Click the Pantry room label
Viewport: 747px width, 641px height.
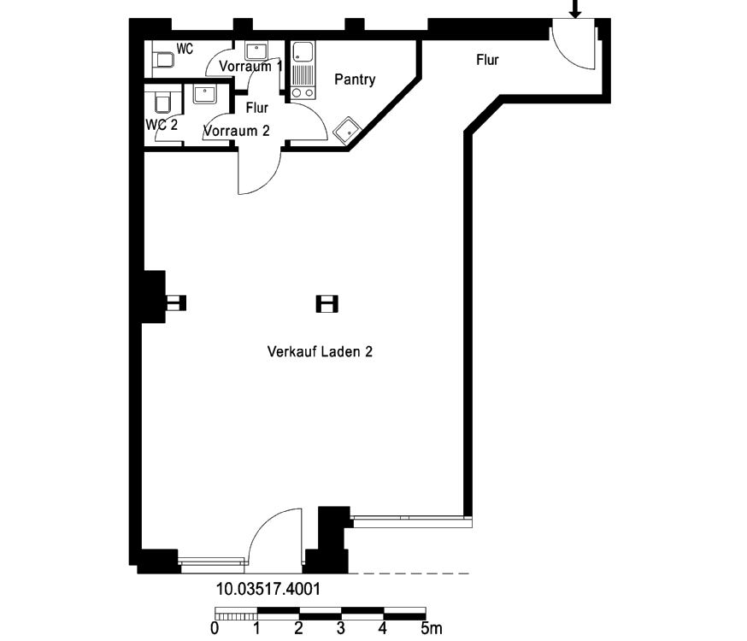tap(355, 79)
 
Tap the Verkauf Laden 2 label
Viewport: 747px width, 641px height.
tap(320, 352)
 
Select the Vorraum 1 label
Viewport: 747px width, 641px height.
tap(250, 66)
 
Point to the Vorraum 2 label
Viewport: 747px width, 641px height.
tap(237, 131)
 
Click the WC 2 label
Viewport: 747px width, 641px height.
tap(162, 125)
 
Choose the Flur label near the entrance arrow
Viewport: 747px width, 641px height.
tap(487, 60)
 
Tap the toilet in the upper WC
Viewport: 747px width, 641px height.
tap(164, 60)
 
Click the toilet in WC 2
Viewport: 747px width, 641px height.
tap(162, 103)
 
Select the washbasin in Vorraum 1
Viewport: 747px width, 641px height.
tap(256, 50)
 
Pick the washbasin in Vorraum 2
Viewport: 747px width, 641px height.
tap(205, 94)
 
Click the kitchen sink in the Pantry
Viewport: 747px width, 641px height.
tap(303, 51)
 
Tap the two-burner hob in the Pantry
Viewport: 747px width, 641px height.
tap(303, 92)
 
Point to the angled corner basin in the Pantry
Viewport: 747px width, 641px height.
tap(347, 130)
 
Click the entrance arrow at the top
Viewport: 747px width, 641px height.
tap(575, 9)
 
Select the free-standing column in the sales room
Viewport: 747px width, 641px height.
tap(326, 303)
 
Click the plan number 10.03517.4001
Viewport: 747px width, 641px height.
tap(268, 589)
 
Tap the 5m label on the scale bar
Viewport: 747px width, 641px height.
tap(432, 629)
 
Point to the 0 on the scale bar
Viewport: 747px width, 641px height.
tap(215, 629)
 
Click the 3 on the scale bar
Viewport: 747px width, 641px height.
tap(341, 629)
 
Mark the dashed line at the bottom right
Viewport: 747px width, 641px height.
tap(409, 573)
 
